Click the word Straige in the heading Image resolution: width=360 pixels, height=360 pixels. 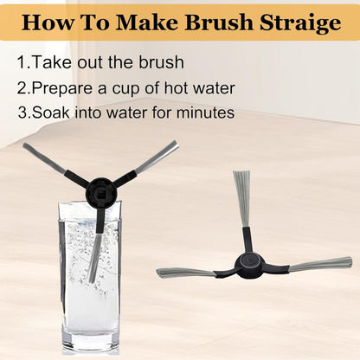[300, 22]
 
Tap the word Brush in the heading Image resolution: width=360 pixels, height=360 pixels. [219, 22]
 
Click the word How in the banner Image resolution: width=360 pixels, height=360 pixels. [48, 22]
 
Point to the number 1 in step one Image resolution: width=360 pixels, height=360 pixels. [22, 62]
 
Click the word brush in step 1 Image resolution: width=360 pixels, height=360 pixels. [161, 61]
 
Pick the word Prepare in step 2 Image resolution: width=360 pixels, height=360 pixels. [63, 88]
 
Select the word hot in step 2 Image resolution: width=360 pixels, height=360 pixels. [177, 87]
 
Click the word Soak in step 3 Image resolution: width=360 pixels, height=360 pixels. [51, 112]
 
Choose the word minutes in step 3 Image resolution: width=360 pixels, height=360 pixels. [205, 112]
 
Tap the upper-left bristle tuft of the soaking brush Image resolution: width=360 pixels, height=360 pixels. [45, 158]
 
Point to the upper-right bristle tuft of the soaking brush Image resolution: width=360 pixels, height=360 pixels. [156, 157]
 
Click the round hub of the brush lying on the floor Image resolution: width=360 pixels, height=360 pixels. [250, 266]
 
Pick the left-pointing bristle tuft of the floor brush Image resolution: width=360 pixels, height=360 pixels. [186, 273]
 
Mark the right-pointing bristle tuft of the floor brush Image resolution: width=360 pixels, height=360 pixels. [320, 264]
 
